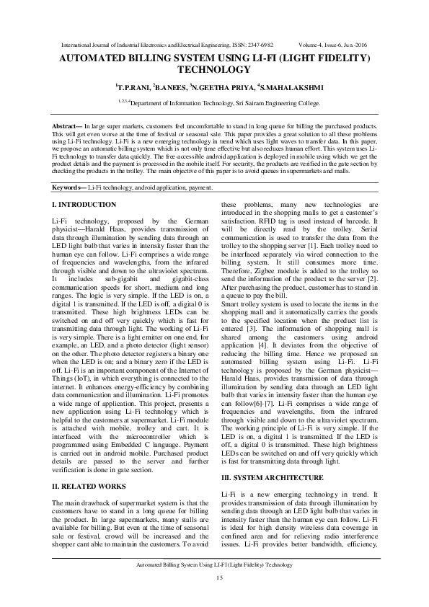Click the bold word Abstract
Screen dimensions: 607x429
(x=66, y=127)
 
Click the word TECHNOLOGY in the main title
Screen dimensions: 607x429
(x=214, y=71)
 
